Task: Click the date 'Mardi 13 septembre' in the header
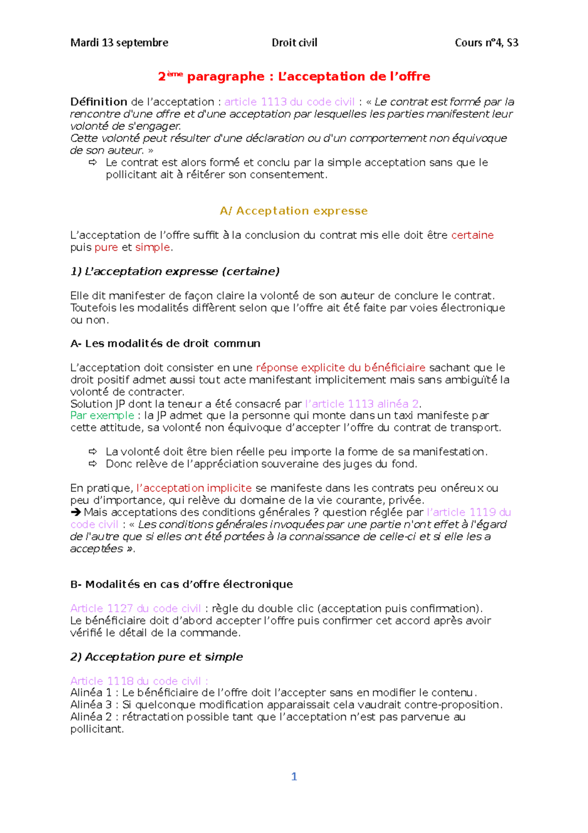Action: (119, 43)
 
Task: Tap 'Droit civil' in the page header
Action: (294, 43)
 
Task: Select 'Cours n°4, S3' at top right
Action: (486, 43)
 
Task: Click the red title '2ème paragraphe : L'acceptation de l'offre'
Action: (294, 77)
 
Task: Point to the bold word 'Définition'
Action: (98, 102)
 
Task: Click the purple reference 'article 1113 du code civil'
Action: (289, 102)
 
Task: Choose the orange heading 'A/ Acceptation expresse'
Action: (294, 211)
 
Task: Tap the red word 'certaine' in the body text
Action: (472, 235)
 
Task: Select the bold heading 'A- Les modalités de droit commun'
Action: (165, 343)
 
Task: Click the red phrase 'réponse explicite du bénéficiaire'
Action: (341, 368)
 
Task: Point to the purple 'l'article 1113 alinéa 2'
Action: (362, 404)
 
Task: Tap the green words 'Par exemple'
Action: (102, 416)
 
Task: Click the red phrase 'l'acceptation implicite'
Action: (194, 488)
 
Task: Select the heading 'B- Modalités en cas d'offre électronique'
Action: (181, 584)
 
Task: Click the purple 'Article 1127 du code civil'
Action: (135, 608)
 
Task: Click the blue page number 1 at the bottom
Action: (294, 776)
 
